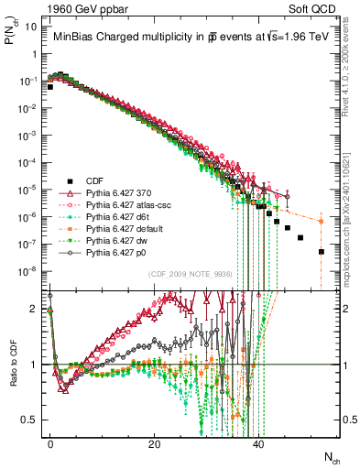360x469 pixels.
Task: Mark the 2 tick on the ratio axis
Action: (x=35, y=309)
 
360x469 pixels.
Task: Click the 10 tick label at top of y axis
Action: (x=31, y=26)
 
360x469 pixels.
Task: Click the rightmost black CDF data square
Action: (x=322, y=252)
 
